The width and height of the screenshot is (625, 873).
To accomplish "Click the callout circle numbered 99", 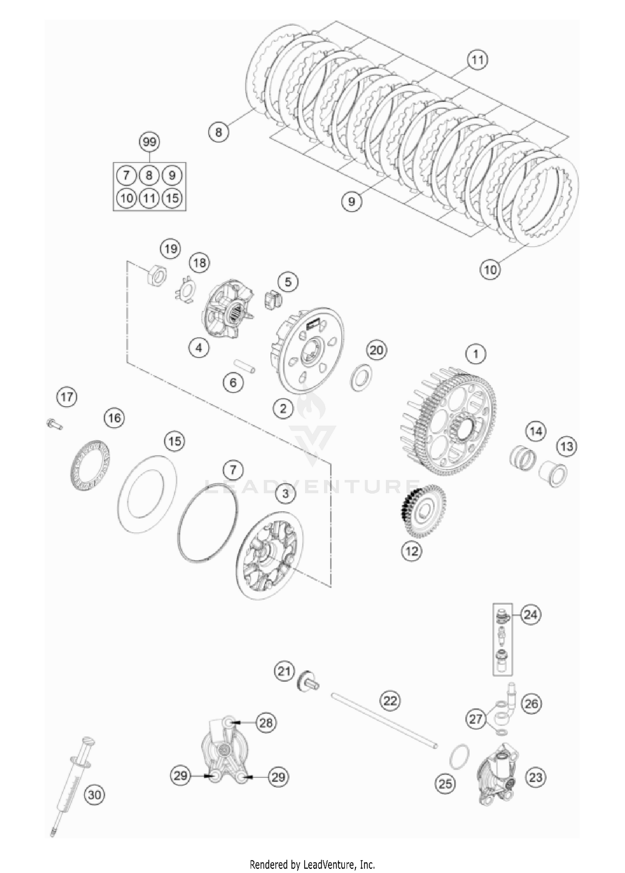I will (x=149, y=142).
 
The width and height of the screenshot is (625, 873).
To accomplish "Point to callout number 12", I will (x=412, y=550).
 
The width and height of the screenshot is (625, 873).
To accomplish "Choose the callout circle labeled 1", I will (x=476, y=354).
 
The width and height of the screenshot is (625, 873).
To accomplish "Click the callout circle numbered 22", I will (x=390, y=700).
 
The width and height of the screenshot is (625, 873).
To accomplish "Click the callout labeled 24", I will (x=530, y=614).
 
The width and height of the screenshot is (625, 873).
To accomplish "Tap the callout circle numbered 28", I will (x=266, y=722).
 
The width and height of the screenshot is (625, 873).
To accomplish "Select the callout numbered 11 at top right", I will (x=477, y=60).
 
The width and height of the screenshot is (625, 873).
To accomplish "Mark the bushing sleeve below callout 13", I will (x=552, y=474).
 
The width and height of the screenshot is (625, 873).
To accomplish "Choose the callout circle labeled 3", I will (x=285, y=494).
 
